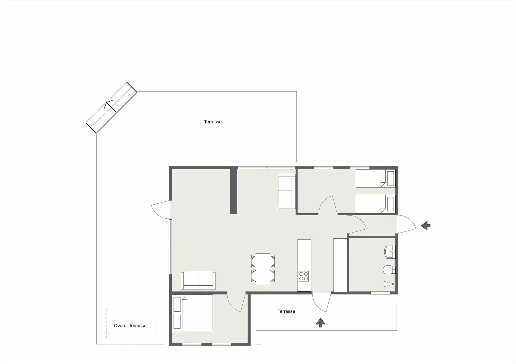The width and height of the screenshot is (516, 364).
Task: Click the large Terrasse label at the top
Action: [x=213, y=122]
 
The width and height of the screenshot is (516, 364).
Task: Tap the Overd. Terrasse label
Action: [x=130, y=326]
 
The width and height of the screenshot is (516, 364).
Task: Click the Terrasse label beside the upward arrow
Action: [x=286, y=311]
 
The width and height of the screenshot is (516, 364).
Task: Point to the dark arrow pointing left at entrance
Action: [x=426, y=226]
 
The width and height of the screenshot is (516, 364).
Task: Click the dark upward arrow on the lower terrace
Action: [x=320, y=322]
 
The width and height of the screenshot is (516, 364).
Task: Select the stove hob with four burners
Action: [x=304, y=276]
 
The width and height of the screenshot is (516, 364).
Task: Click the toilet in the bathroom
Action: [x=389, y=270]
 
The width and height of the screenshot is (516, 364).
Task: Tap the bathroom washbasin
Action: [x=390, y=252]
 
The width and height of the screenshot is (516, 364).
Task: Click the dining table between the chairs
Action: [x=263, y=269]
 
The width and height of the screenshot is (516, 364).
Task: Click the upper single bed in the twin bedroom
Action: [x=375, y=178]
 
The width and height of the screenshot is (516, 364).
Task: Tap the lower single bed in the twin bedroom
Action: [x=375, y=204]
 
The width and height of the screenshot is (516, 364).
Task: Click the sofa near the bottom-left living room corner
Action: [x=198, y=280]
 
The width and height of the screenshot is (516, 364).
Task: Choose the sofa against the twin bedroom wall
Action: [x=287, y=191]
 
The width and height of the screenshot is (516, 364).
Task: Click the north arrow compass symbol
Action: [x=111, y=107]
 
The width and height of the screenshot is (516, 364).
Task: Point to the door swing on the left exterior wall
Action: [x=160, y=209]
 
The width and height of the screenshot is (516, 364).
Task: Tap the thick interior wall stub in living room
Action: [x=234, y=190]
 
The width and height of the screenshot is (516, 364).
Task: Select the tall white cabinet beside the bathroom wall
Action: [x=340, y=265]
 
